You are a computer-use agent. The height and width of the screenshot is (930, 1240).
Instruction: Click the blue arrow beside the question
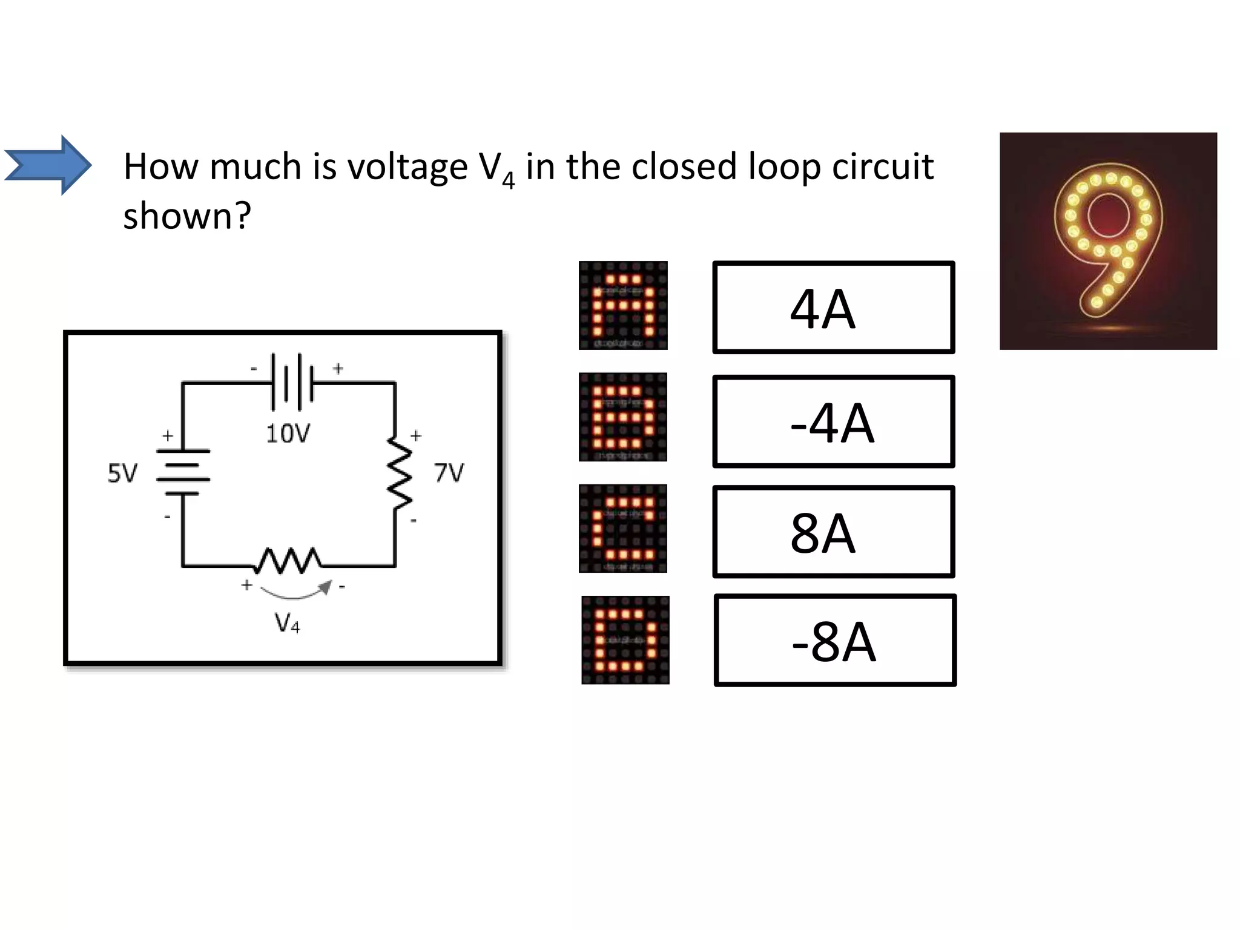(48, 165)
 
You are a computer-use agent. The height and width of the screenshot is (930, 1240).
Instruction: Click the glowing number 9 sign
(1107, 240)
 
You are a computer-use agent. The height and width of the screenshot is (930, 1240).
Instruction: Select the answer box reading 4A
(833, 308)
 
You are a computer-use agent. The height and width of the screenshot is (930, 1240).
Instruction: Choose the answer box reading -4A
(833, 421)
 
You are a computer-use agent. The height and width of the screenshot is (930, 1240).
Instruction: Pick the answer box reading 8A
(833, 532)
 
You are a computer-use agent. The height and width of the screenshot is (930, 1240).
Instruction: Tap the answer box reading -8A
(834, 641)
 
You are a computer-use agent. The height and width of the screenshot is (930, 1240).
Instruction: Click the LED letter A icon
(623, 306)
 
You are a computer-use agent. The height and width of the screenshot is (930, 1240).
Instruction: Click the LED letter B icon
(623, 417)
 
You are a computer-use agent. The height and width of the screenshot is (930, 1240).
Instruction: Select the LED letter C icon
(623, 529)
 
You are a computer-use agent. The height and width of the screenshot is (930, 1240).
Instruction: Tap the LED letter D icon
(625, 640)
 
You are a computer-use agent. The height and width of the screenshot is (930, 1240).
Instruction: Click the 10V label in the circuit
(288, 434)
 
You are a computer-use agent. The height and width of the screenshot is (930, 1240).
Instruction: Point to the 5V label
(122, 473)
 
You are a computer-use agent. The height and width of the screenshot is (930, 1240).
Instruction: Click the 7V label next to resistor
(449, 472)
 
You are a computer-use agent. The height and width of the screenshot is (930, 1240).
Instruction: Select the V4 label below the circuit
(287, 623)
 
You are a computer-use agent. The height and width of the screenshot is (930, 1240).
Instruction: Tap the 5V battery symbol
(183, 472)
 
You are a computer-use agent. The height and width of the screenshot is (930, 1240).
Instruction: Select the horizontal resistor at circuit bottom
(288, 561)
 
